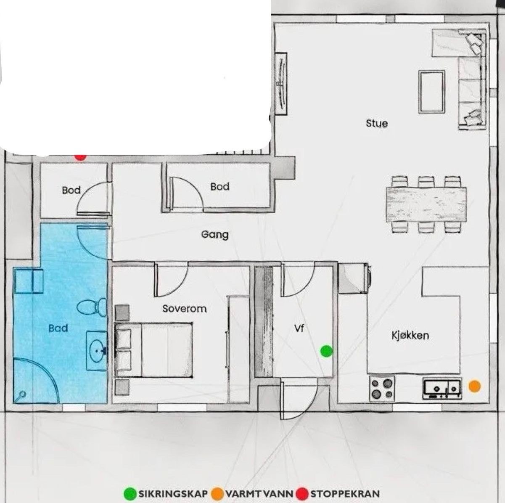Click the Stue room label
[377, 123]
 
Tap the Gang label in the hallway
[215, 234]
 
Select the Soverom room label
[185, 309]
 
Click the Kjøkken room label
[410, 335]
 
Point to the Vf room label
[299, 328]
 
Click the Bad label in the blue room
[58, 328]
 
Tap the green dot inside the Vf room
[326, 351]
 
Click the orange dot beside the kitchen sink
[474, 386]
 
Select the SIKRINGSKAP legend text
[173, 493]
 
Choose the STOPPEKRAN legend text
[345, 493]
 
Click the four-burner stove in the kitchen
[382, 388]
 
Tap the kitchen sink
[442, 388]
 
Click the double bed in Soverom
[154, 349]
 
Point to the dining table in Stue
[426, 204]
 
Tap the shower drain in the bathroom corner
[22, 394]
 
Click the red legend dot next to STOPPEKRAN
[302, 493]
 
